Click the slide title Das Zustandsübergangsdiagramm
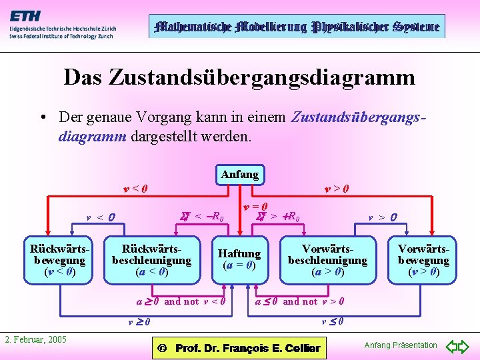tap(239, 77)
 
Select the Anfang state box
tap(239, 175)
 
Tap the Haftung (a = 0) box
tap(239, 259)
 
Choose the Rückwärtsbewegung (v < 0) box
tap(59, 260)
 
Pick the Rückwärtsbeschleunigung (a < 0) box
tap(151, 260)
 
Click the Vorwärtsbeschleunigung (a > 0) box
tap(327, 260)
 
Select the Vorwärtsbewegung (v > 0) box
tap(423, 260)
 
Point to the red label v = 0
tap(255, 207)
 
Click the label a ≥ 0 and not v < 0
tap(181, 301)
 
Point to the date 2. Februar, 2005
tap(36, 340)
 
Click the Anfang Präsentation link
tap(400, 345)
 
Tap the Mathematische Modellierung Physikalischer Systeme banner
tap(296, 27)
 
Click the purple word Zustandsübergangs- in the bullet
tap(358, 117)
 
